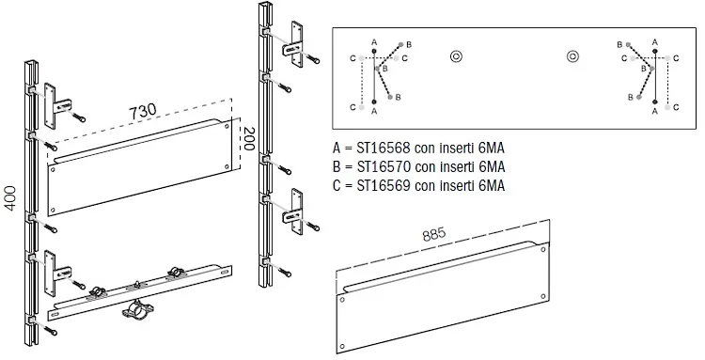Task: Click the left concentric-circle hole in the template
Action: point(455,56)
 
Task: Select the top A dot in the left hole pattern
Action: point(374,50)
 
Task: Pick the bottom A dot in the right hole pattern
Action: point(655,102)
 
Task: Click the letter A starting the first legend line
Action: point(337,149)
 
